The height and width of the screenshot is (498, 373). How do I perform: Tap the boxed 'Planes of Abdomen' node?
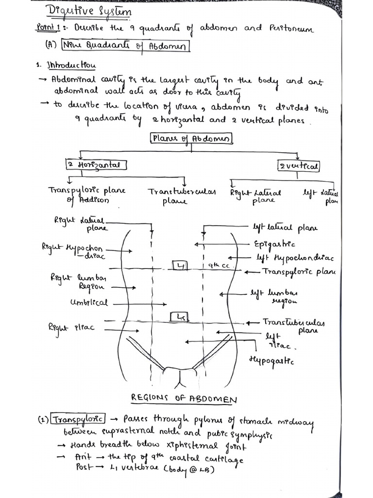point(192,139)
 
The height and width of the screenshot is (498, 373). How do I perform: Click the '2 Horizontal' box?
point(96,165)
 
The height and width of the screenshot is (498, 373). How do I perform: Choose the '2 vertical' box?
point(299,166)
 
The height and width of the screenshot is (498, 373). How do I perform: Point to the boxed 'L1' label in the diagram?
point(180,266)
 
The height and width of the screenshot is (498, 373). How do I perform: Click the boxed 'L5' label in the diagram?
point(179,317)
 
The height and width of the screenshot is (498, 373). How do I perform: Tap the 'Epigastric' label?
point(274,244)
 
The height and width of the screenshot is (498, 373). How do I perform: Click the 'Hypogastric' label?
point(271,361)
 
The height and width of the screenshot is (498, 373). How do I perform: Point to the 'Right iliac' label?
point(71,327)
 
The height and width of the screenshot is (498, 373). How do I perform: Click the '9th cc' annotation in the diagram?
point(215,266)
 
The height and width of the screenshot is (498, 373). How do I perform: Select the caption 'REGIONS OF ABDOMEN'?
point(184,399)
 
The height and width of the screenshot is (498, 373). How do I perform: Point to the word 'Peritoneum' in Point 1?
point(290,30)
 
